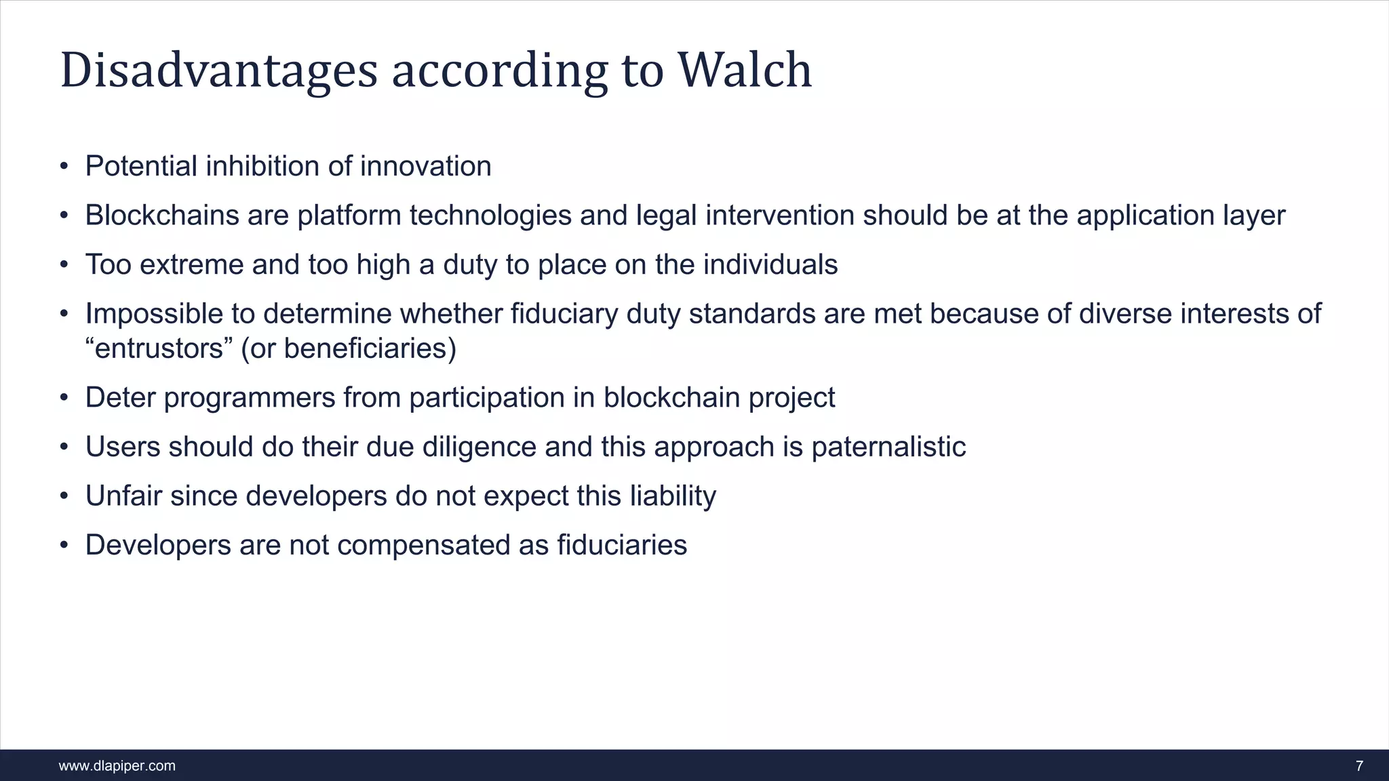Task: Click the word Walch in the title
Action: click(744, 70)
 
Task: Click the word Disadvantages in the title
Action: click(218, 71)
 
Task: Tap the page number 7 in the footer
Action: click(1359, 766)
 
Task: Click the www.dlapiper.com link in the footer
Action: click(117, 766)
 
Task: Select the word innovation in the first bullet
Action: click(425, 167)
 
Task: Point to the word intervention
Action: click(779, 216)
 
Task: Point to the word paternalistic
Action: click(888, 447)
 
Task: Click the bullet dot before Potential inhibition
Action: click(64, 167)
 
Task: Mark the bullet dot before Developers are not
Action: click(64, 546)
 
